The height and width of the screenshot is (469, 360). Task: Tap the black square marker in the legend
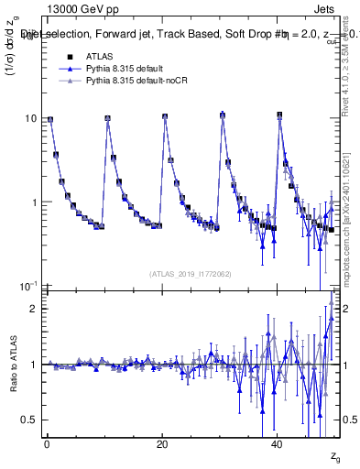point(60,56)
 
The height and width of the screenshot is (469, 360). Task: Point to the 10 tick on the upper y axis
point(29,118)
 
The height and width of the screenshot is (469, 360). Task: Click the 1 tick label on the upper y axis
point(33,202)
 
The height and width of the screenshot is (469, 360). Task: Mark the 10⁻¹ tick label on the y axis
point(27,287)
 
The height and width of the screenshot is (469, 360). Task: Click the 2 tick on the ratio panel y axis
point(33,309)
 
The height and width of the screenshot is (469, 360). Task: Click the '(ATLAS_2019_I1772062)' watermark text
point(191,273)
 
